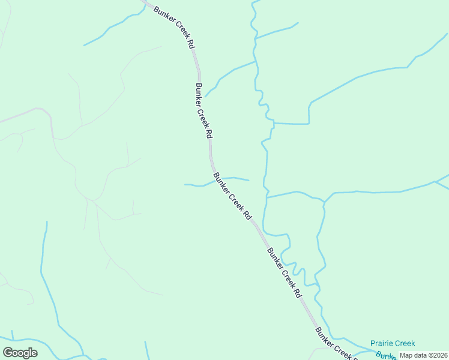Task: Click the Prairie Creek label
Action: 393,343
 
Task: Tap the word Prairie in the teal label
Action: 382,343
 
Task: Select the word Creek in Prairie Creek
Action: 404,343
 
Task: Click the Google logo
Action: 20,353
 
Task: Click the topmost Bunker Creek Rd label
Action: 175,27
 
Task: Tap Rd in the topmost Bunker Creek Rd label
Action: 190,44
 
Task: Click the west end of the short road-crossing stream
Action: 185,184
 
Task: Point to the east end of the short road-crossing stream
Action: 248,180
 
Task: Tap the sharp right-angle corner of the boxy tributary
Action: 309,124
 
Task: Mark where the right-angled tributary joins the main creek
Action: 273,123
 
